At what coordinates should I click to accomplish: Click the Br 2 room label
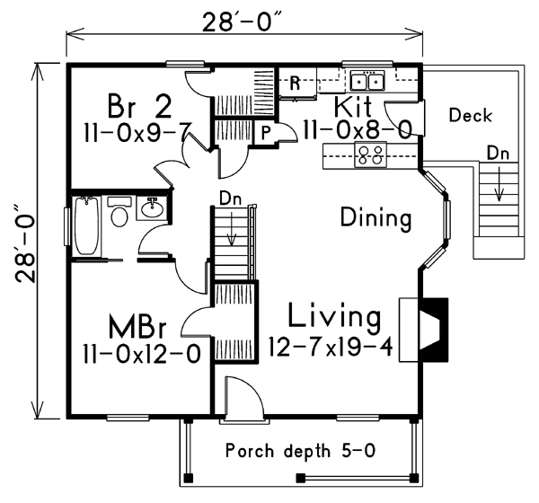click(139, 107)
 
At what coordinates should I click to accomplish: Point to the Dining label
click(376, 218)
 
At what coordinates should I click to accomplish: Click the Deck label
click(471, 115)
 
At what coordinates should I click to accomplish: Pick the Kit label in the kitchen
click(353, 107)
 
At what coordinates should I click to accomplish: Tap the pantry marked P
click(265, 132)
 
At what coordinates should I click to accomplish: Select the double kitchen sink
click(367, 82)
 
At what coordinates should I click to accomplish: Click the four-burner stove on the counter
click(370, 155)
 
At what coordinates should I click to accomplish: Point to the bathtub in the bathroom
click(86, 225)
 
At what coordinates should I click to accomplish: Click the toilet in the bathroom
click(119, 212)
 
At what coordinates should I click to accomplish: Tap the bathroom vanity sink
click(152, 208)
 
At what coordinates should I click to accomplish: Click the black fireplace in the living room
click(433, 330)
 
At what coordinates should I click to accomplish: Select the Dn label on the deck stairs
click(498, 154)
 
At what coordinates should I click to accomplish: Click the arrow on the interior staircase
click(232, 229)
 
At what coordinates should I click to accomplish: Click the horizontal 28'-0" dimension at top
click(244, 33)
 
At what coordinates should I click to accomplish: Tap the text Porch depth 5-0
click(300, 451)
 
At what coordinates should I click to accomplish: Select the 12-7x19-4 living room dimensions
click(331, 347)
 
